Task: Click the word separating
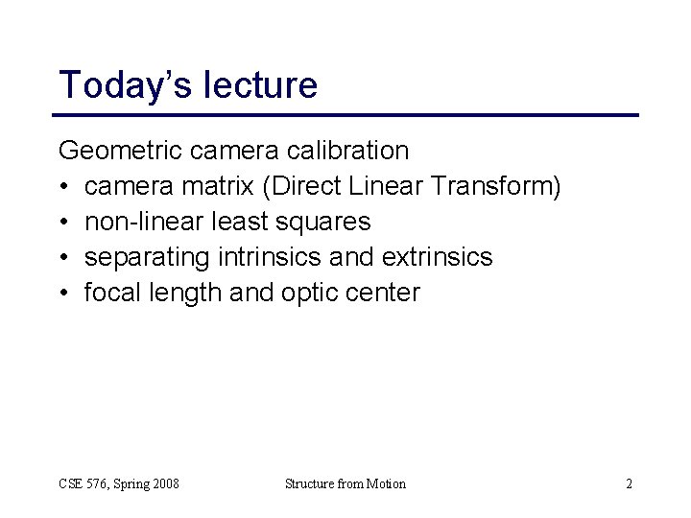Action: tap(150, 257)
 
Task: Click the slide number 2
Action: tap(629, 483)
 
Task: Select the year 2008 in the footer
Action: tap(163, 483)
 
